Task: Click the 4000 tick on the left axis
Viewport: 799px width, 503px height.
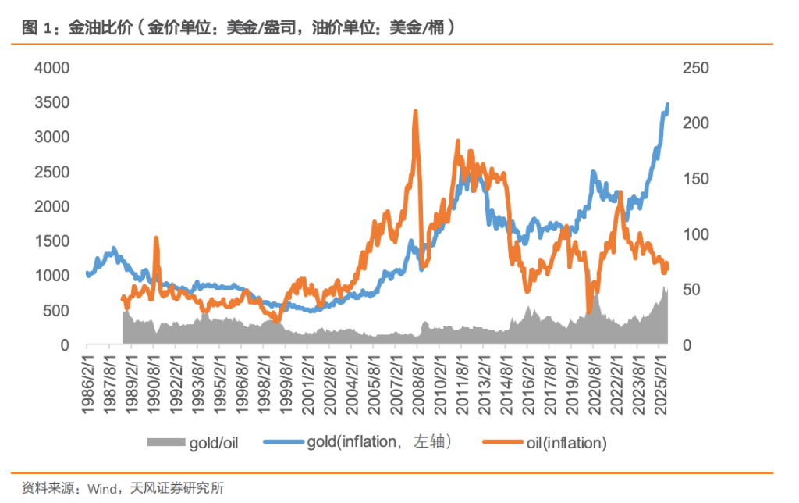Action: tap(51, 68)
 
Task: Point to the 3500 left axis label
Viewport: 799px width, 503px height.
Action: tap(51, 102)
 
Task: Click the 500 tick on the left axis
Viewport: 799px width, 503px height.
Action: tap(56, 310)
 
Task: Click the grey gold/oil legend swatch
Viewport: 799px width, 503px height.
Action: tap(165, 443)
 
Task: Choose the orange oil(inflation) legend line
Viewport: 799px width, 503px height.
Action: tap(500, 443)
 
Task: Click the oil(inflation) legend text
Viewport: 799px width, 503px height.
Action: tap(563, 443)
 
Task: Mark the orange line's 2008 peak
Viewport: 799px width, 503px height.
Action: tap(415, 112)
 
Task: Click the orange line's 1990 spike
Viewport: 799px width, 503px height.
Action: tap(156, 238)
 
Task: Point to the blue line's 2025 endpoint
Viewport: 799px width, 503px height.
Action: tap(668, 103)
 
